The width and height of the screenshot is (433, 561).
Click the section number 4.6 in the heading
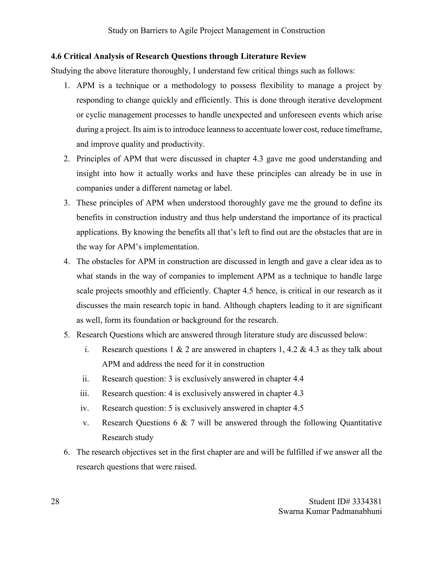pyautogui.click(x=56, y=56)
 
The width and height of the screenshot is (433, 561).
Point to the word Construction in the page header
pyautogui.click(x=303, y=30)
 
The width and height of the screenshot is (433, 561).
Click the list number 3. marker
pyautogui.click(x=67, y=203)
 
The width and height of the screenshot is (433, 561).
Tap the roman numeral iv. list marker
pyautogui.click(x=85, y=408)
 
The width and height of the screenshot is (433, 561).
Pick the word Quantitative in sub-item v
pyautogui.click(x=361, y=423)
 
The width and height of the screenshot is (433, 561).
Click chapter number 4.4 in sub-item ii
pyautogui.click(x=298, y=379)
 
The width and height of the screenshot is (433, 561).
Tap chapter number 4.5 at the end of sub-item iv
pyautogui.click(x=298, y=408)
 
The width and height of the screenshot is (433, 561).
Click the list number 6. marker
pyautogui.click(x=67, y=452)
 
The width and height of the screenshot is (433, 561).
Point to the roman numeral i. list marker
pyautogui.click(x=87, y=350)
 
